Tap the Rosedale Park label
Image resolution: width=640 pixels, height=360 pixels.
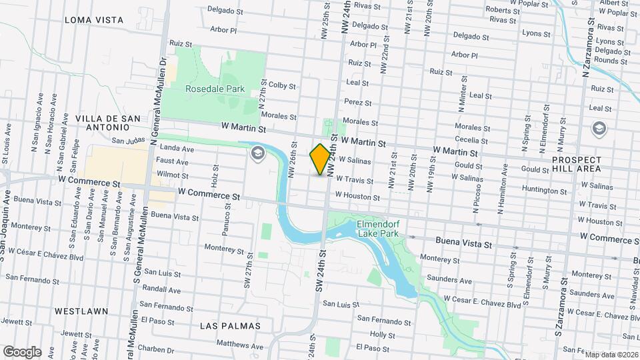[215, 89]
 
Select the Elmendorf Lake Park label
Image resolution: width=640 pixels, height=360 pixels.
[378, 229]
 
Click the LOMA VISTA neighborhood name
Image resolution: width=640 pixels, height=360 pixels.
[94, 20]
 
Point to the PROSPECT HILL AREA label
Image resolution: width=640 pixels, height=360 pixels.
[577, 165]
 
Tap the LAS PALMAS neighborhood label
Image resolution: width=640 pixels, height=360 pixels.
[230, 325]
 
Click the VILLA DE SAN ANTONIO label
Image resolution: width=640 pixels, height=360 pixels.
[107, 123]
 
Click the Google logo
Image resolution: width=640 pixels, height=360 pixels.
[22, 351]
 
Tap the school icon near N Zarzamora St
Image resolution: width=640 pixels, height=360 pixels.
[598, 128]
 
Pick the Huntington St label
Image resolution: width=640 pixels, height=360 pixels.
[545, 190]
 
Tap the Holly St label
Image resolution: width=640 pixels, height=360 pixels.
[382, 335]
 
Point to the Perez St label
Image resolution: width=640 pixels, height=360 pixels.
[358, 103]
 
